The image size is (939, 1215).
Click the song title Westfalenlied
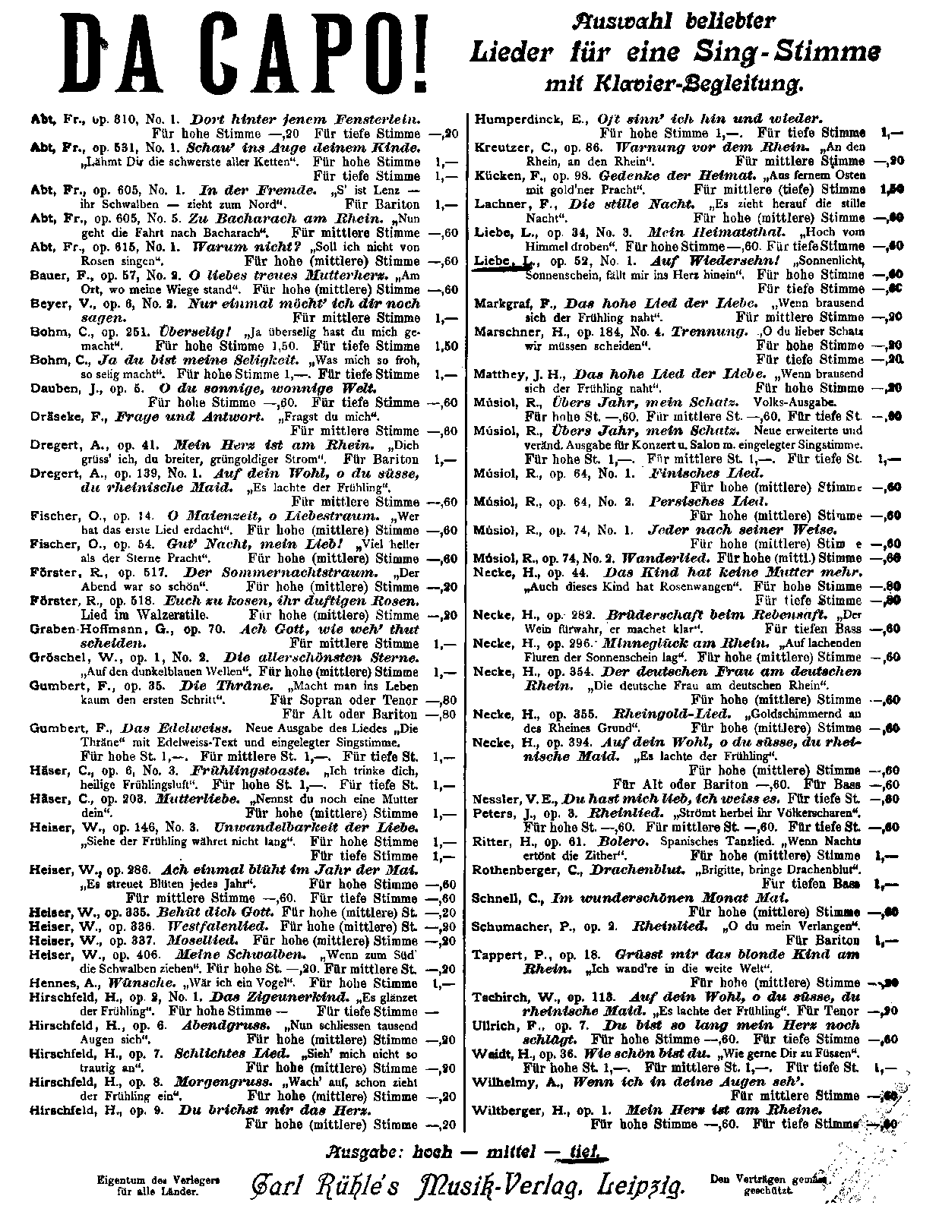click(x=227, y=927)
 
